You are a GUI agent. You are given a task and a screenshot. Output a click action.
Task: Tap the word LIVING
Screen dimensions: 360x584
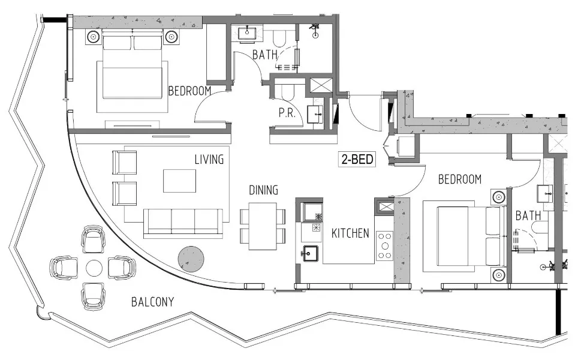[209, 160]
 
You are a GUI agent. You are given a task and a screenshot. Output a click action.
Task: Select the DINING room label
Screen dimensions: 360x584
[263, 190]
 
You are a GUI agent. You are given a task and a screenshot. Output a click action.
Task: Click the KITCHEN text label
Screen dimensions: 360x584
[350, 233]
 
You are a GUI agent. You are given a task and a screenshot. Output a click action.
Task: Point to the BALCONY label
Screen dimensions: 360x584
[152, 302]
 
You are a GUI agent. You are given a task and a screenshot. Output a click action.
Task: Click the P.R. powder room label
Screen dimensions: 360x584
[285, 113]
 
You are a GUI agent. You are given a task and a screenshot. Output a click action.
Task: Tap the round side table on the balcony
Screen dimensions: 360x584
[94, 267]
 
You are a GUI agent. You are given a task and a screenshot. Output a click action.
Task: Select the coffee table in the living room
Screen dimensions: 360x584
[179, 181]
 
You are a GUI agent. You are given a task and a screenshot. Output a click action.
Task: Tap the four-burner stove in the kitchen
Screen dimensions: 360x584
[384, 244]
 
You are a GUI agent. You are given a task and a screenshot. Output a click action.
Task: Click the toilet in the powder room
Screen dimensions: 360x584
[287, 91]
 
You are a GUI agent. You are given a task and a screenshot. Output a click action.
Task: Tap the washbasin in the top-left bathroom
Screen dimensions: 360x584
[247, 33]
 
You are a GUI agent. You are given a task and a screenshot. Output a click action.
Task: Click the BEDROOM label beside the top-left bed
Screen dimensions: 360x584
[189, 91]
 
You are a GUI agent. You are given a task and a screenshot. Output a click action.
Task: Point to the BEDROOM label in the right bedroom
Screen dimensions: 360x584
[460, 179]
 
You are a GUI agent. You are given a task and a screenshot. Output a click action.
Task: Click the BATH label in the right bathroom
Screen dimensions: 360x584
[528, 215]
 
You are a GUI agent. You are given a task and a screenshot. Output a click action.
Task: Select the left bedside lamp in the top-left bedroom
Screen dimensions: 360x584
[94, 37]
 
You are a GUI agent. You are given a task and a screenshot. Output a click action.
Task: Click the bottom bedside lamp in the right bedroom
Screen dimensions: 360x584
[499, 275]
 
